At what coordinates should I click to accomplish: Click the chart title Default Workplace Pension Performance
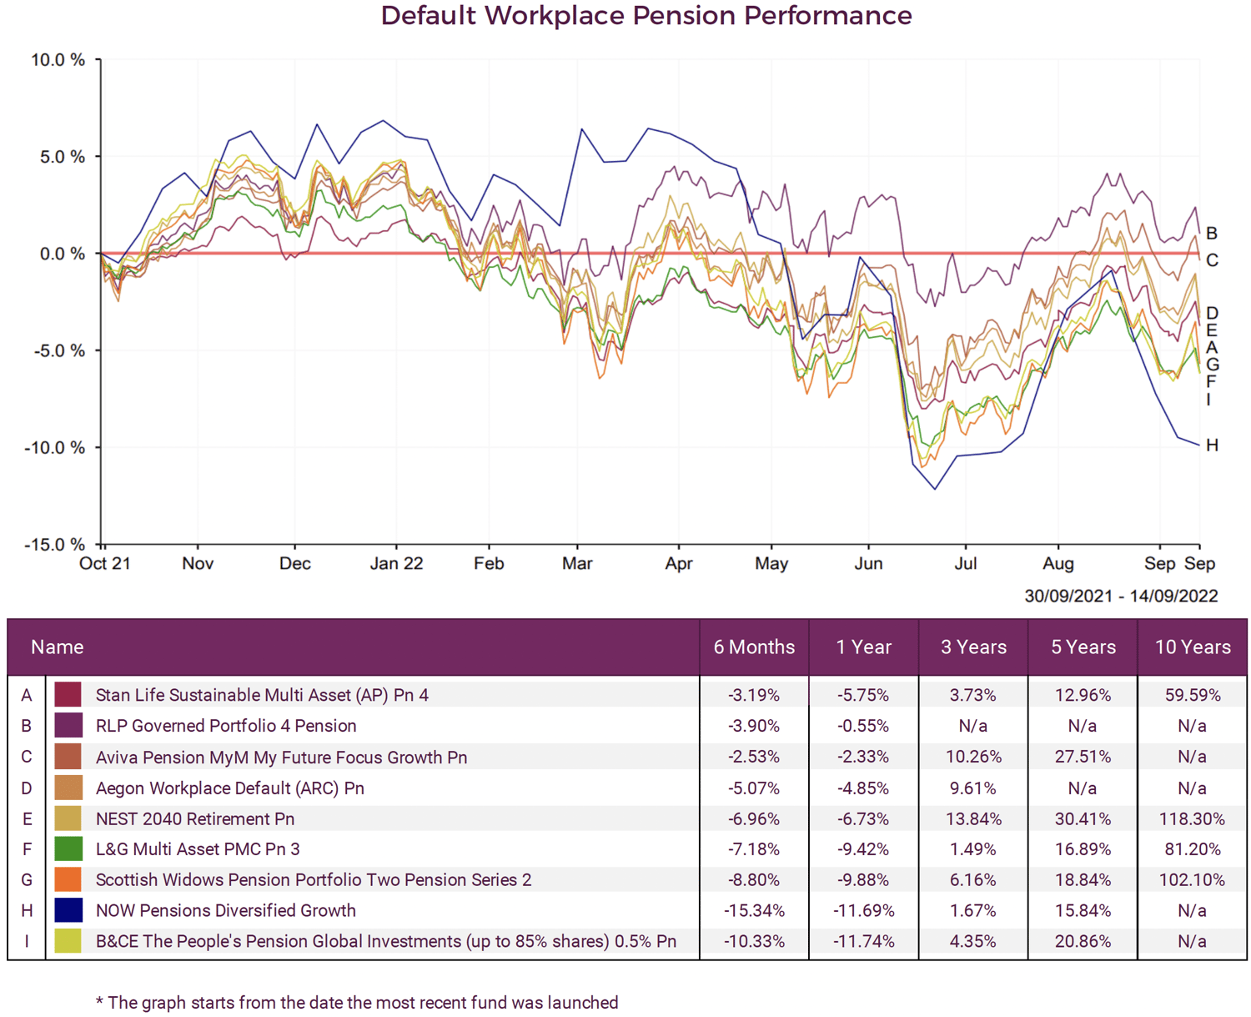[x=646, y=16]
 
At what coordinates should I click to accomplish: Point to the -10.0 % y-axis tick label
[x=54, y=448]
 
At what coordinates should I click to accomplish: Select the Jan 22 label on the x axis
[x=396, y=564]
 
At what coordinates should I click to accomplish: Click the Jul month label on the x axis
[x=965, y=564]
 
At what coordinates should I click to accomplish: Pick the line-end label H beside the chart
[x=1212, y=446]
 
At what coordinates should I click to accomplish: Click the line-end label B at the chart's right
[x=1212, y=234]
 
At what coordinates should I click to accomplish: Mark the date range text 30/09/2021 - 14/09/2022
[x=1121, y=597]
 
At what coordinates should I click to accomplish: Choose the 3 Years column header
[x=973, y=647]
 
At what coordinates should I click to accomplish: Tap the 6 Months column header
[x=754, y=647]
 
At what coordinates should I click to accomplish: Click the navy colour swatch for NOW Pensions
[x=68, y=910]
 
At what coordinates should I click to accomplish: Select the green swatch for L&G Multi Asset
[x=68, y=849]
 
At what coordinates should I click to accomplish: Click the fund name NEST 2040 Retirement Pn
[x=195, y=819]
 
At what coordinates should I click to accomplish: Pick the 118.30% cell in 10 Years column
[x=1192, y=819]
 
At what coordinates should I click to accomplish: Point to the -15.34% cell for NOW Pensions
[x=754, y=911]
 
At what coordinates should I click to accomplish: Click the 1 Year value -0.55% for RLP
[x=863, y=727]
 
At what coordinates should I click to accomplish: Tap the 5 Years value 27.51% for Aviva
[x=1083, y=758]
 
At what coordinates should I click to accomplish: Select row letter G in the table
[x=27, y=880]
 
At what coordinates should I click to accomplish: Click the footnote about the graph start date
[x=357, y=1003]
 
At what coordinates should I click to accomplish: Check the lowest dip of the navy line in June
[x=935, y=489]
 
